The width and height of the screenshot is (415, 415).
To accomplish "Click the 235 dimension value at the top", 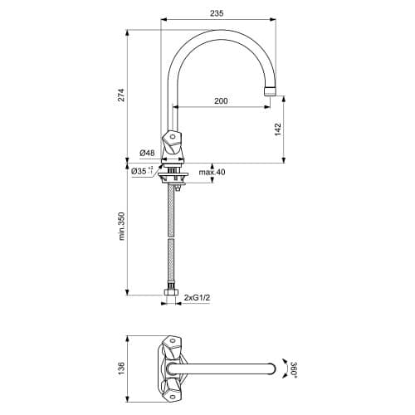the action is coord(217,13).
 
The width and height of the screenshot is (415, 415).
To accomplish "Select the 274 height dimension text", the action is coord(122,95).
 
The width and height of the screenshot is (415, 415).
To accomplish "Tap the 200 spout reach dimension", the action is coord(221,101).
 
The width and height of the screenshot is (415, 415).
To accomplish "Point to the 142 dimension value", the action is coord(278,129).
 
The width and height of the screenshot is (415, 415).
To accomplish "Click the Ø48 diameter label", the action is coord(147,153).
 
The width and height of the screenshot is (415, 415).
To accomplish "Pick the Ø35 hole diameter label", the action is coord(142,171).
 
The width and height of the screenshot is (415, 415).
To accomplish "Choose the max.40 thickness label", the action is coord(212,172).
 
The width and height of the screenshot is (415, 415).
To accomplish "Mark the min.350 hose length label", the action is coord(122,227).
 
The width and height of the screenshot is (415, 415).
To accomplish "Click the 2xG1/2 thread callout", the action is coord(198,298).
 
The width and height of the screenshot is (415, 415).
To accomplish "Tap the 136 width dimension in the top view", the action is coord(122,369).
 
